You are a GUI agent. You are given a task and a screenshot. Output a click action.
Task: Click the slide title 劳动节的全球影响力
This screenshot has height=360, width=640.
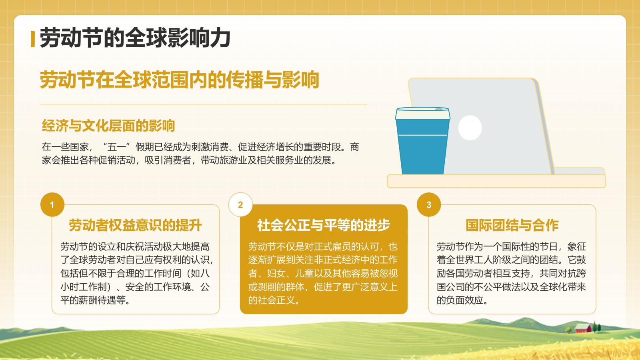[135, 38]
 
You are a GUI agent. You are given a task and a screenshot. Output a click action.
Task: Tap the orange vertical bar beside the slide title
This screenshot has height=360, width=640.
[33, 39]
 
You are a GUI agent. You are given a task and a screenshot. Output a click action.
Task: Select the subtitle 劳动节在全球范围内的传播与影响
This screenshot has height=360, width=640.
[179, 80]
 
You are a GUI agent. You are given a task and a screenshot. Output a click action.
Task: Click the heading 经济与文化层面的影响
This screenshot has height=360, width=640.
[108, 126]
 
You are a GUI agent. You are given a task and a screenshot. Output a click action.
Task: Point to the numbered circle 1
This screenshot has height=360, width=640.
[52, 205]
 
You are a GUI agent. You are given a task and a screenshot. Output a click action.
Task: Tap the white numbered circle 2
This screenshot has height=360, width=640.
[240, 205]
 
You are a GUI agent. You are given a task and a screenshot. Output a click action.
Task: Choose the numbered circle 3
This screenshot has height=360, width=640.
[429, 205]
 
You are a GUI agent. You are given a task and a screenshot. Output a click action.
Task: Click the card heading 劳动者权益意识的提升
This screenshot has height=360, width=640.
[135, 226]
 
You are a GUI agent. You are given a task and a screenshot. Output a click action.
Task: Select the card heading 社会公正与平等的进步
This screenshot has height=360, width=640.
[324, 226]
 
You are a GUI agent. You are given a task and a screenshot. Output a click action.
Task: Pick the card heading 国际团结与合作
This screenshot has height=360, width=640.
[512, 226]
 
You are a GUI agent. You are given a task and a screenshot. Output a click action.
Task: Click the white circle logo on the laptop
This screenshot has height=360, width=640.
[470, 128]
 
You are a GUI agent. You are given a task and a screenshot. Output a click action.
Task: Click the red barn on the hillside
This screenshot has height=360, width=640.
[583, 329]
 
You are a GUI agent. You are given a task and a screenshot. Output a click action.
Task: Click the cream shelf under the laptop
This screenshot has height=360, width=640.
[496, 181]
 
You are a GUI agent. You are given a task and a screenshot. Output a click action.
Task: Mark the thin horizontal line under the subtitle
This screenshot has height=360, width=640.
[204, 104]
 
